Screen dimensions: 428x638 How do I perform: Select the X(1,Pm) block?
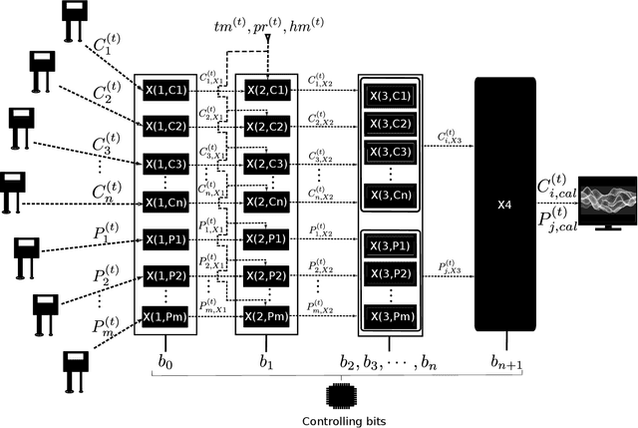164,317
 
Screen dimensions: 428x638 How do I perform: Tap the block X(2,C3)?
266,164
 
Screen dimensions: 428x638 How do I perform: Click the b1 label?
266,355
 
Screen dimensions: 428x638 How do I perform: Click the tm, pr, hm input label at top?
268,27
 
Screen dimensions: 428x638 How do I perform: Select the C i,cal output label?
556,186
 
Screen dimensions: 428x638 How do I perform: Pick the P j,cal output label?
556,219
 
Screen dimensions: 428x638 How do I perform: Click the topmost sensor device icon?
73,22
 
